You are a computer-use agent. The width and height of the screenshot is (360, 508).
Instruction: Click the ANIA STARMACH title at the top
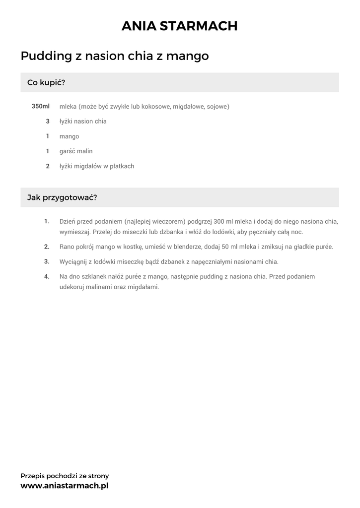[180, 26]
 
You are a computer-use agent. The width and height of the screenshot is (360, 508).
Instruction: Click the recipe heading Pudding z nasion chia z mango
[115, 56]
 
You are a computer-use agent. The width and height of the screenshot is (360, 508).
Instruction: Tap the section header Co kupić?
[46, 82]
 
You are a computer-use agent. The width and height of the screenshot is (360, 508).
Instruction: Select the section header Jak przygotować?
[62, 197]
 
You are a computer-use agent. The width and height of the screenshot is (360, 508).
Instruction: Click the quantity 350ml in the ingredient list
[41, 107]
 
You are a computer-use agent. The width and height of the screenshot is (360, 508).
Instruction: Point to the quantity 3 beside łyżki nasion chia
[48, 122]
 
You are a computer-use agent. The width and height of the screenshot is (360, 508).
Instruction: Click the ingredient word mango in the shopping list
[69, 136]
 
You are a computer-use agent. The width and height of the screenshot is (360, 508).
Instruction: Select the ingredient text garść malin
[76, 151]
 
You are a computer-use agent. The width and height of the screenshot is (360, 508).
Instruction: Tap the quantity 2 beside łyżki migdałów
[48, 166]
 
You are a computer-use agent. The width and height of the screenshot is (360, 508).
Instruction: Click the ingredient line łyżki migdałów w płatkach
[96, 166]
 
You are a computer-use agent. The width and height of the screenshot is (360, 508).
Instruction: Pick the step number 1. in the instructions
[47, 221]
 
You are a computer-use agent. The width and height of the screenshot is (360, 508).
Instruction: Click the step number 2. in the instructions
[47, 247]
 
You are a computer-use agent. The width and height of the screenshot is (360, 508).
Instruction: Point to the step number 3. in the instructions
[47, 261]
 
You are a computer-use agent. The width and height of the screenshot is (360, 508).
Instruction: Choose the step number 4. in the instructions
[47, 276]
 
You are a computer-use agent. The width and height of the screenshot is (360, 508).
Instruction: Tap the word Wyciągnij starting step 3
[73, 261]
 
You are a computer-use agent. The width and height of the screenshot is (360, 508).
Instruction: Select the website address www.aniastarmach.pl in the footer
[65, 486]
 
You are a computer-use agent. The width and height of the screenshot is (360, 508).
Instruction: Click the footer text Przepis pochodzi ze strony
[65, 476]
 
